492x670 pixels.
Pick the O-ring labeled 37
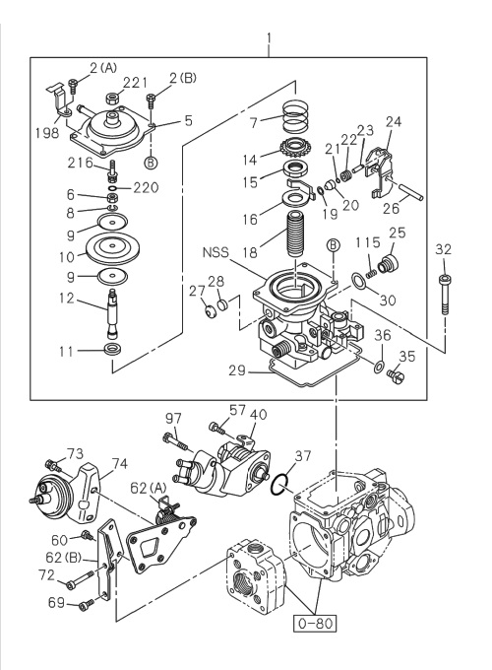pos(281,483)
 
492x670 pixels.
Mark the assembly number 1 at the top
pos(269,41)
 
